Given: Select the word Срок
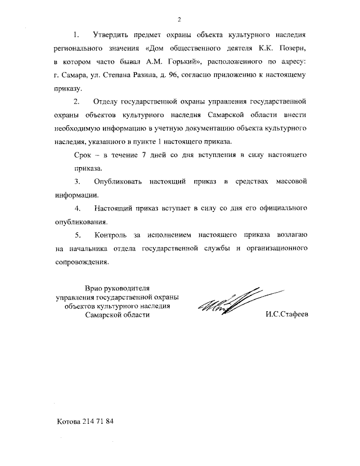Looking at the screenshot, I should pyautogui.click(x=84, y=155).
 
